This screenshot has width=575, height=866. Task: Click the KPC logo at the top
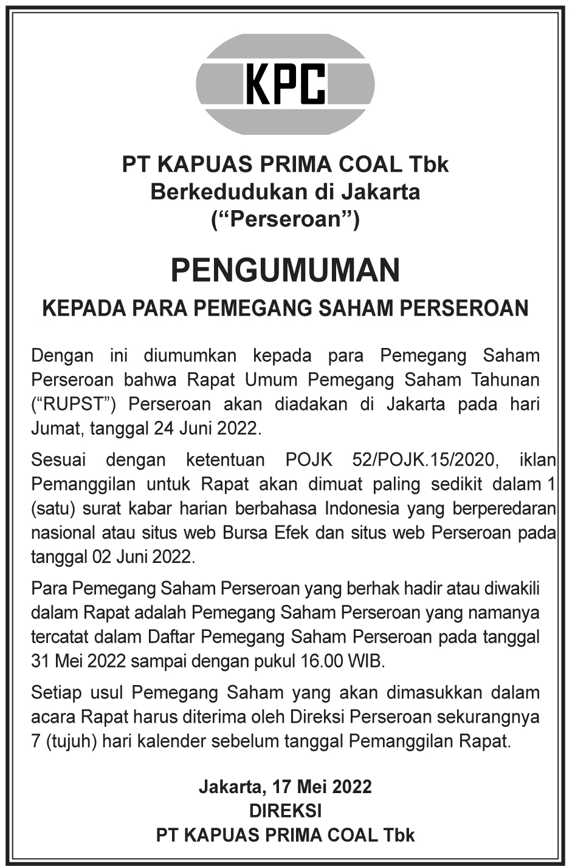(x=285, y=84)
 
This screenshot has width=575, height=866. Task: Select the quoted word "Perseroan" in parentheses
(x=285, y=219)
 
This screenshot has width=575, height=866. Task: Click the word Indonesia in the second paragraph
(x=362, y=508)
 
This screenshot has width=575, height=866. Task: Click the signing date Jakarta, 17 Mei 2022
(x=285, y=787)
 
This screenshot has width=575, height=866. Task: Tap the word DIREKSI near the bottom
(x=285, y=811)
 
